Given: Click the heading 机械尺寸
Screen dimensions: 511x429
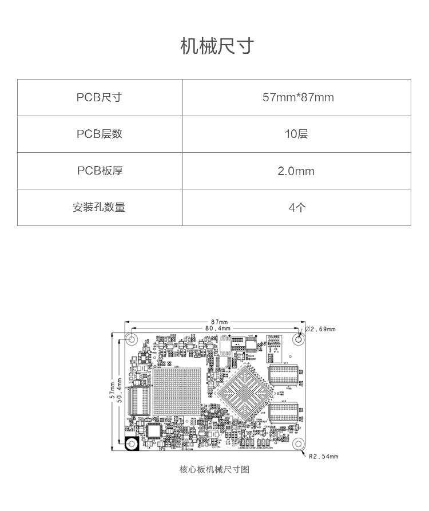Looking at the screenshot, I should coord(216,46).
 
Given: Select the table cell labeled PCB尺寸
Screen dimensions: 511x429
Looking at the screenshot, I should coord(99,97).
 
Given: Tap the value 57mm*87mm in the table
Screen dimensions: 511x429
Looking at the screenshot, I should coord(297,97).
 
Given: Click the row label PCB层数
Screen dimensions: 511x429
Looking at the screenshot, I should coord(99,134).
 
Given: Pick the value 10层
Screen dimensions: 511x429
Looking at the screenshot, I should coord(296,134).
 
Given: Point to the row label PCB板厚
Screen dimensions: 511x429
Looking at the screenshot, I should coord(99,171).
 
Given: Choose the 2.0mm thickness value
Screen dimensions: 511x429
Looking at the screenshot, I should coord(296,171).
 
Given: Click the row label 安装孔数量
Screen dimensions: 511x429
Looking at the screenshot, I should coord(99,207).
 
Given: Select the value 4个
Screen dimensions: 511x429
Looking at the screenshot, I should coord(296,207).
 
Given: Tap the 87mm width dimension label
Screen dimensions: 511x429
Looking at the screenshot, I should coord(219,322).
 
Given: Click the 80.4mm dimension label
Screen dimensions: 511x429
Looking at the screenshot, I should coord(218,328).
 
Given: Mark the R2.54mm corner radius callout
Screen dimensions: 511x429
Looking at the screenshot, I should coord(323,457).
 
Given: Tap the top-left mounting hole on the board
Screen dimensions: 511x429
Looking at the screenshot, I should coord(132,339).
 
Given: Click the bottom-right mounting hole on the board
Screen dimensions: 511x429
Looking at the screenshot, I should coord(297,445).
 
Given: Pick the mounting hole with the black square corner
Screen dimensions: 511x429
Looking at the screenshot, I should coord(132,445).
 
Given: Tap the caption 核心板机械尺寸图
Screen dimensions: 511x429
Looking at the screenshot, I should coord(214,470).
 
